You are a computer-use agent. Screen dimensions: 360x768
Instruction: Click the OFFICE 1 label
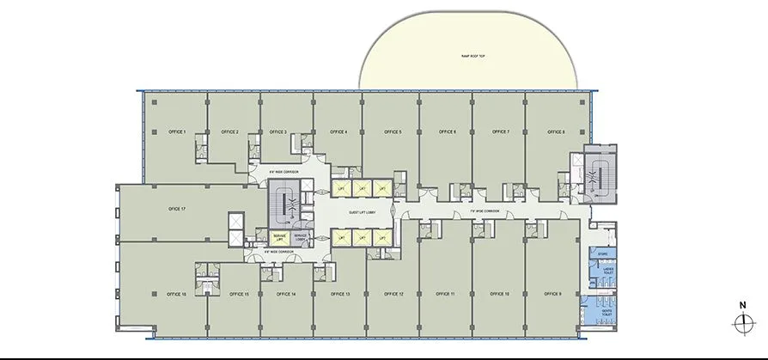tap(178, 131)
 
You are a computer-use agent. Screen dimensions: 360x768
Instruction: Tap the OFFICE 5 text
tap(393, 131)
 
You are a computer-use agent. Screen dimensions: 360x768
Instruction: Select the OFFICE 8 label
tap(557, 131)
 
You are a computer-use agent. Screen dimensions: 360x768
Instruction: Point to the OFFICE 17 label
tap(178, 209)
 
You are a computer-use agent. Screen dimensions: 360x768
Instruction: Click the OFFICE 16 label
tap(178, 294)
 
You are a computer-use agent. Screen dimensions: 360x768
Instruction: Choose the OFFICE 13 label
tap(341, 294)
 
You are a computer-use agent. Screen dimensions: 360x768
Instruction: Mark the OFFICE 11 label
tap(447, 294)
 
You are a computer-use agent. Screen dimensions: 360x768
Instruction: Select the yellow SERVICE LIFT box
tap(280, 237)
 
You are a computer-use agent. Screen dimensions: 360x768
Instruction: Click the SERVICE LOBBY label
tap(302, 237)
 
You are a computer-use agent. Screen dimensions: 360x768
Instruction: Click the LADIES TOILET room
tap(606, 272)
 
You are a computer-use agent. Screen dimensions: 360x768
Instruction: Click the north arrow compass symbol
tap(741, 323)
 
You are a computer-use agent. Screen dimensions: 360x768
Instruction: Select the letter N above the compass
tap(741, 304)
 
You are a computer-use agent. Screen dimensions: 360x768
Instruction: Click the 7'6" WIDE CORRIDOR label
tap(485, 210)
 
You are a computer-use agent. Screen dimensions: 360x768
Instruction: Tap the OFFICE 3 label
tap(277, 131)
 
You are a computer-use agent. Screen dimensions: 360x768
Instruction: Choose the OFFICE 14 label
tap(287, 294)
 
